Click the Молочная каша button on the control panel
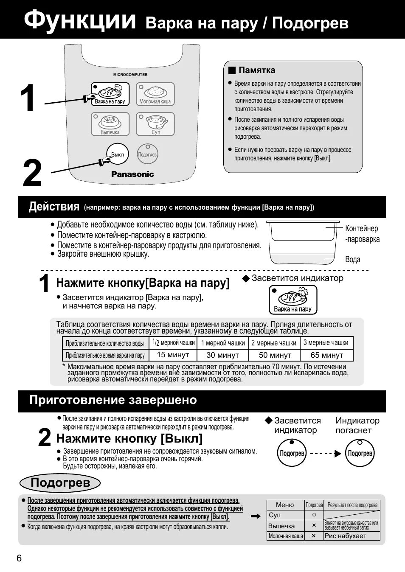pyautogui.click(x=155, y=94)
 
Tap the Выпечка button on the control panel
pyautogui.click(x=110, y=124)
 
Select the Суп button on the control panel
pyautogui.click(x=155, y=124)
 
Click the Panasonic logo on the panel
pyautogui.click(x=132, y=174)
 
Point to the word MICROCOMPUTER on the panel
pyautogui.click(x=130, y=75)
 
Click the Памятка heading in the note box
pyautogui.click(x=256, y=70)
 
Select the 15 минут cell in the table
pyautogui.click(x=173, y=355)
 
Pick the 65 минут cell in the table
pyautogui.click(x=326, y=355)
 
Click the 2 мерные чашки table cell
pyautogui.click(x=274, y=343)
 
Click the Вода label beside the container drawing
pyautogui.click(x=352, y=259)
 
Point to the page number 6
pyautogui.click(x=19, y=558)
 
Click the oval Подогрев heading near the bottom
pyautogui.click(x=60, y=483)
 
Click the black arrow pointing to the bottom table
pyautogui.click(x=255, y=516)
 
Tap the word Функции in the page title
pyautogui.click(x=80, y=20)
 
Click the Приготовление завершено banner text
pyautogui.click(x=113, y=400)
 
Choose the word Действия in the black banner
pyautogui.click(x=54, y=207)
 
